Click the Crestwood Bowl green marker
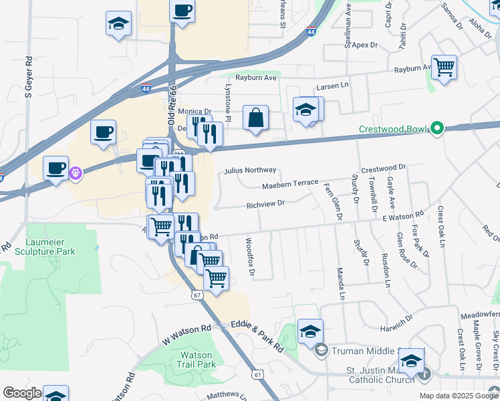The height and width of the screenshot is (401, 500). pyautogui.click(x=438, y=128)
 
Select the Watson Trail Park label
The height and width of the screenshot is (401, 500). pyautogui.click(x=197, y=360)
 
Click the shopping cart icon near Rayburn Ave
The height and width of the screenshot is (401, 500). pyautogui.click(x=444, y=68)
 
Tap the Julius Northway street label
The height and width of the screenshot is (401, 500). pyautogui.click(x=250, y=170)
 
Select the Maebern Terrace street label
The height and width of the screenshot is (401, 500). pyautogui.click(x=290, y=184)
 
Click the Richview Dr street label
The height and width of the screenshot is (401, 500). pyautogui.click(x=265, y=205)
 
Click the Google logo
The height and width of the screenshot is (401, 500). pyautogui.click(x=22, y=393)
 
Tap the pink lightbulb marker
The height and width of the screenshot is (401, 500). pyautogui.click(x=75, y=173)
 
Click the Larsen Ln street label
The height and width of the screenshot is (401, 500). pyautogui.click(x=333, y=86)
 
